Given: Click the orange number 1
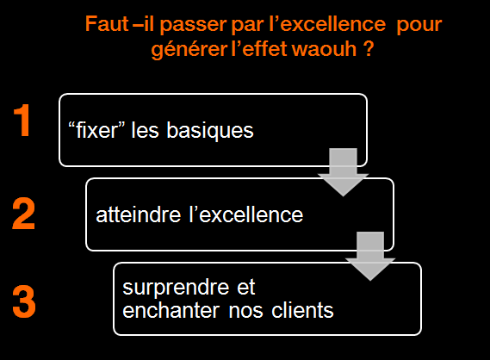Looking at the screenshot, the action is coord(22,121).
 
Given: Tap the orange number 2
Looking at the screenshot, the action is coord(23,214).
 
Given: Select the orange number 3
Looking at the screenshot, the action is coord(24,301).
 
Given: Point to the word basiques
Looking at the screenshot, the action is coord(210,131).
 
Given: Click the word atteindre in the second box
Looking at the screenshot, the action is coord(139,215).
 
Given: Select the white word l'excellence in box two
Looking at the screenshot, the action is coord(246,214).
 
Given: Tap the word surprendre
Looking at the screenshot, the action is coord(177,288).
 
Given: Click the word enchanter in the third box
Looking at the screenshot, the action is coord(171,310).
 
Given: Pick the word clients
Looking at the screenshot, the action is coord(302,310).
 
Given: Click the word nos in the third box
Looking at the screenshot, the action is coord(245,312).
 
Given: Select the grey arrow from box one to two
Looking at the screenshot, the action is coord(343,172).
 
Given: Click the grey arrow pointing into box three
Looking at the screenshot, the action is coord(370,257).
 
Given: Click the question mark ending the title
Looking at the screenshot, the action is coord(369,49).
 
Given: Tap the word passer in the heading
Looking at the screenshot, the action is coord(194,25).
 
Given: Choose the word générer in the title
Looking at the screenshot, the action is coord(189,50).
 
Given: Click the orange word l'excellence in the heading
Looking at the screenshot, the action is coord(327,24).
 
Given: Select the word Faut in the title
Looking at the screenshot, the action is coord(107,24).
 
